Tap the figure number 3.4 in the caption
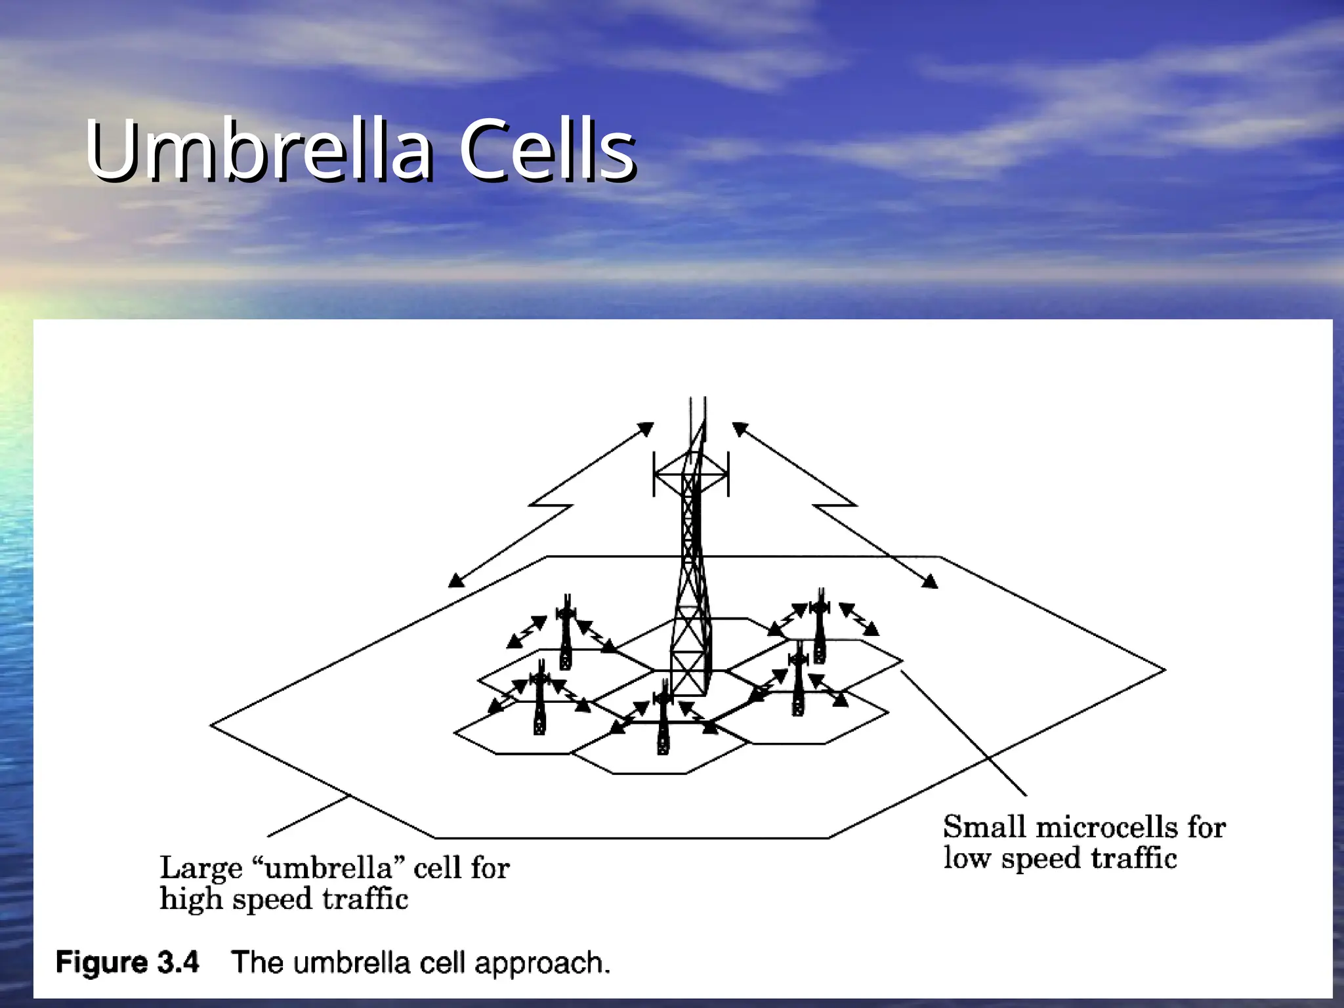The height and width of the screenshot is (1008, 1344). [x=178, y=963]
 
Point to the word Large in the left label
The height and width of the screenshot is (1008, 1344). [x=201, y=869]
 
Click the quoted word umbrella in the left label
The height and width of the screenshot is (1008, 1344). [x=329, y=868]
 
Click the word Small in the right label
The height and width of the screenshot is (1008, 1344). [x=984, y=827]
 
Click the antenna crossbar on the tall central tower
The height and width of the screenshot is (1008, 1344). [x=691, y=474]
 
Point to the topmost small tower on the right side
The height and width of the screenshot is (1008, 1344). [x=819, y=627]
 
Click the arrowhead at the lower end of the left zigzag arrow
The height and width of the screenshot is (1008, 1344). [x=456, y=580]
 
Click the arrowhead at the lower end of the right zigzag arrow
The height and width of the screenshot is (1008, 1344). [x=930, y=581]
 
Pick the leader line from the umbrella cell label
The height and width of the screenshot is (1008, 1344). [x=308, y=816]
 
